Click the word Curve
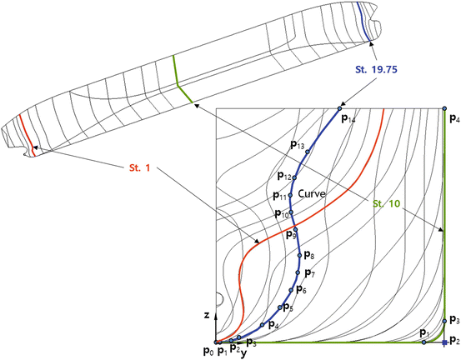click(x=310, y=193)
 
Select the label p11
click(x=279, y=197)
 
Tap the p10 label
click(x=281, y=215)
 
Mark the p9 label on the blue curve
click(x=291, y=236)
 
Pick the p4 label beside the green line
click(x=453, y=120)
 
